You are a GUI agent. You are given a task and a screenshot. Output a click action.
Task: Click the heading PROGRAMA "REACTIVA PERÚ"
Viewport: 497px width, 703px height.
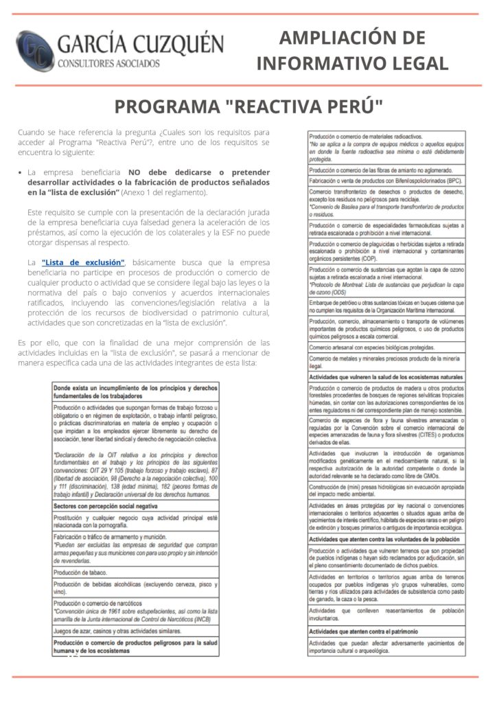click(248, 108)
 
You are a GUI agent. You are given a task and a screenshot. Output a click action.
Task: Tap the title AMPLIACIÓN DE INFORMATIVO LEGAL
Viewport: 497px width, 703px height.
click(352, 51)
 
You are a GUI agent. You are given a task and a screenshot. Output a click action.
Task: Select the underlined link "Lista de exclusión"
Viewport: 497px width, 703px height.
click(83, 262)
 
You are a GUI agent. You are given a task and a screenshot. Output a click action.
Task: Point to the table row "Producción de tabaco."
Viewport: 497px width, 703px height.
click(135, 573)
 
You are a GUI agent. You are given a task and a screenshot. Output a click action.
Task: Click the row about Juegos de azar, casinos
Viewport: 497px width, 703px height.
click(135, 630)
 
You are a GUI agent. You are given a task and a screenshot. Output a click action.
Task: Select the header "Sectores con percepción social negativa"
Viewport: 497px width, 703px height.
click(135, 505)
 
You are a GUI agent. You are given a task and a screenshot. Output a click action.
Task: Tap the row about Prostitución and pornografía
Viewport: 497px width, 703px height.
click(135, 521)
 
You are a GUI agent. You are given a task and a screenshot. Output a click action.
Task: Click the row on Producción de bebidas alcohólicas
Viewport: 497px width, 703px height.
click(135, 587)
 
